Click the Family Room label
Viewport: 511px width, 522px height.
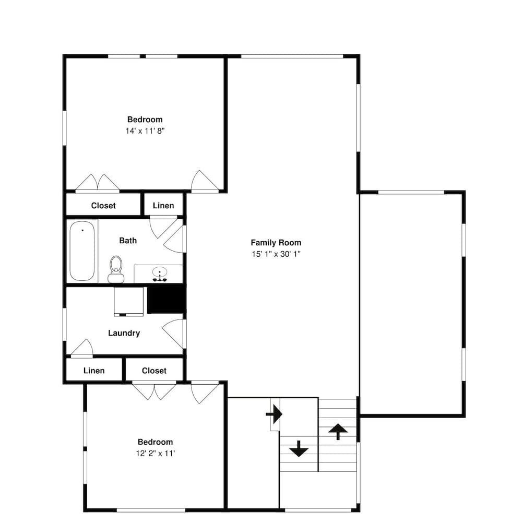coord(276,243)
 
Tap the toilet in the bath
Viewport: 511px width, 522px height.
coord(116,269)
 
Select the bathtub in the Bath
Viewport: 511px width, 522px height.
coord(82,251)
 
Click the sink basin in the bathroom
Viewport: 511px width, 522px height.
coord(160,272)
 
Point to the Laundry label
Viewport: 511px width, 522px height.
coord(124,333)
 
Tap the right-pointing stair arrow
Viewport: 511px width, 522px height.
coord(274,414)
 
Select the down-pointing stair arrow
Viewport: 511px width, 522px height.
coord(299,448)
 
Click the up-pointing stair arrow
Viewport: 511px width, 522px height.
coord(338,432)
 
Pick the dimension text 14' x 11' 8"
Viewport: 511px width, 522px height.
coord(145,131)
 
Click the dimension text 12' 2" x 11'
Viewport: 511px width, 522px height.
coord(156,453)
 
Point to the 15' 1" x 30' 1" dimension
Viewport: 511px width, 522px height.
coord(276,254)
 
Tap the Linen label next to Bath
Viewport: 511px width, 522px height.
coord(163,206)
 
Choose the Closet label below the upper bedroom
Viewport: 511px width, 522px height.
coord(103,206)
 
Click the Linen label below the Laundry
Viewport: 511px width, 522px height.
coord(94,371)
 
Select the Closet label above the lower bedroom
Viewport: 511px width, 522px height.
coord(154,371)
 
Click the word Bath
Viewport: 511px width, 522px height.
coord(128,240)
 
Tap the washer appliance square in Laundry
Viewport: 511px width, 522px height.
coord(128,301)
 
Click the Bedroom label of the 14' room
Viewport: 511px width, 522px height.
coord(145,120)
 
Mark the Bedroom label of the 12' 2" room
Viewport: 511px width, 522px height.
coord(155,442)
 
